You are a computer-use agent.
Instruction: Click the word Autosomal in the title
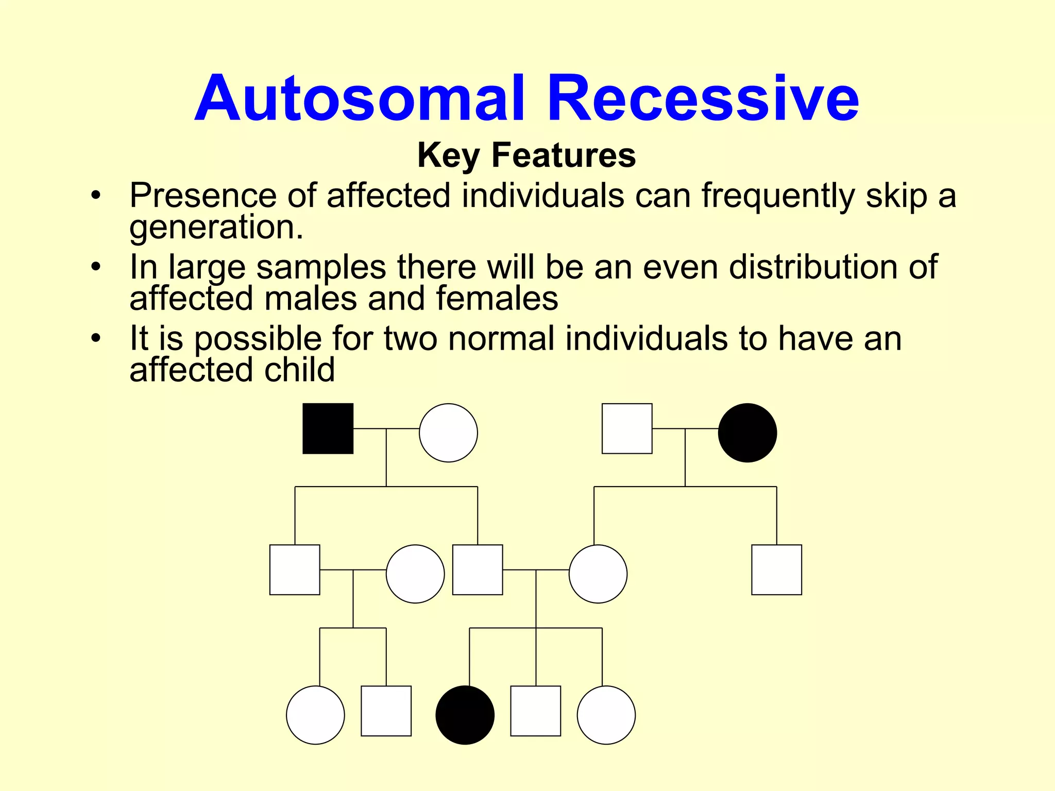tap(360, 99)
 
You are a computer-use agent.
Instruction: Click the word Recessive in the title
tap(703, 99)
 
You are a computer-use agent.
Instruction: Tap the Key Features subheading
tap(526, 155)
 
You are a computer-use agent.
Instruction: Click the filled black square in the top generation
tap(328, 428)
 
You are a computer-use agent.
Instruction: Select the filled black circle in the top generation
tap(747, 433)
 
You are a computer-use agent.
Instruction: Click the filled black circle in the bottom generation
tap(465, 715)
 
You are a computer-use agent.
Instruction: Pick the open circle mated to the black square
tap(448, 433)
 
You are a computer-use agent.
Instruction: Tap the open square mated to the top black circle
tap(627, 428)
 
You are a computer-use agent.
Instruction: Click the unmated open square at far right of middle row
tap(776, 570)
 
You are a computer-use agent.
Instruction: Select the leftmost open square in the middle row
tap(295, 570)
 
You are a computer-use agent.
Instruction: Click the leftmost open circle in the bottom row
tap(315, 715)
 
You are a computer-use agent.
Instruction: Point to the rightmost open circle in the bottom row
tap(606, 715)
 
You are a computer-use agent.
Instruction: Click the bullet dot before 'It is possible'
tap(95, 338)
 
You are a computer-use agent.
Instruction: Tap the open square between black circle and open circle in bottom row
tap(535, 711)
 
